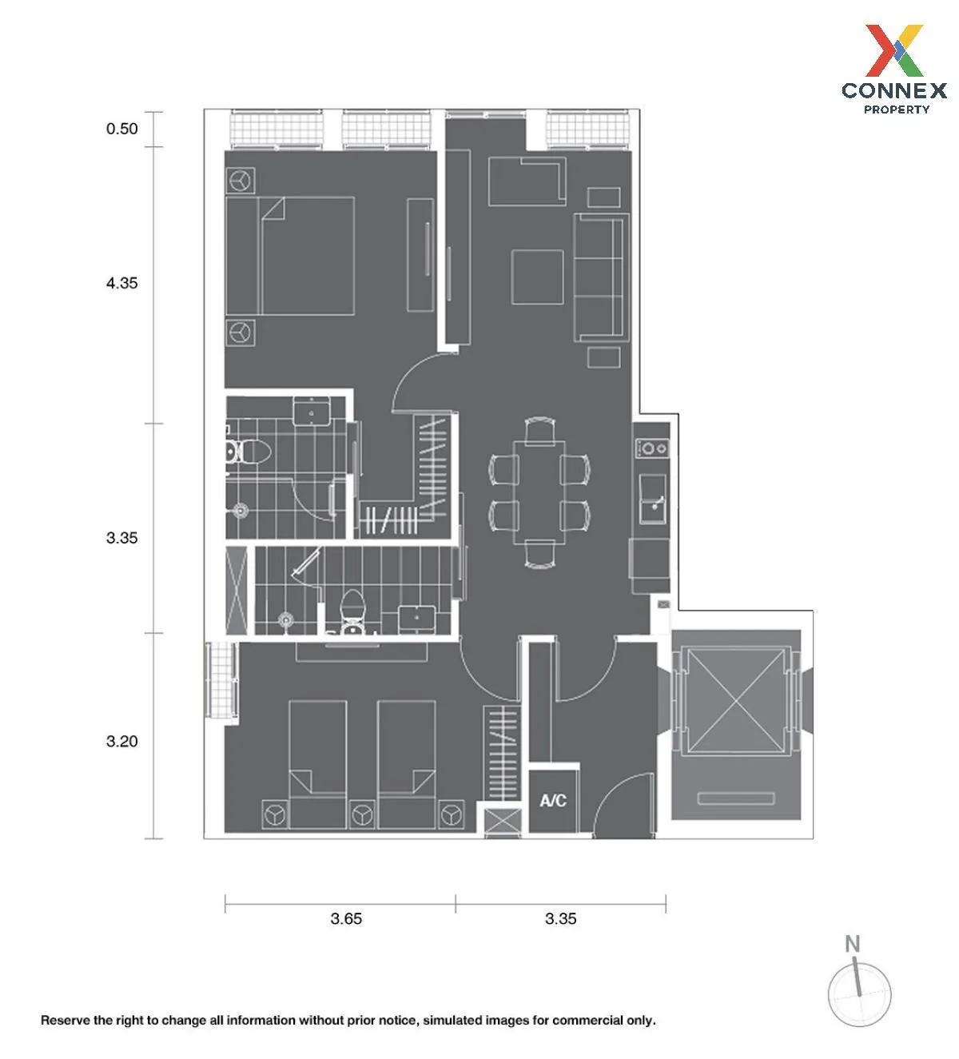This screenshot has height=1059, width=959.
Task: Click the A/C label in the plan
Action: tap(553, 801)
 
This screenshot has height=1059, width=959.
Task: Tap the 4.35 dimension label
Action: tap(122, 283)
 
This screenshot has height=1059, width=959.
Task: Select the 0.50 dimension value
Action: tap(122, 129)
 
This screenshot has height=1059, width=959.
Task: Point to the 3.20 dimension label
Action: tap(122, 741)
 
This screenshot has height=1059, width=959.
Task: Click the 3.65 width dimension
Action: tap(346, 918)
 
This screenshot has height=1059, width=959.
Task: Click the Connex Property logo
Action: tap(894, 69)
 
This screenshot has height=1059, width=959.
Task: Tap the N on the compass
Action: tap(853, 945)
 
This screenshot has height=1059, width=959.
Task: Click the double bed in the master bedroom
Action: tap(290, 256)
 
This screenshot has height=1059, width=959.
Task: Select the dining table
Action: tap(539, 492)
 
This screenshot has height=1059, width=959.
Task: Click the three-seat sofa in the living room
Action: tap(601, 277)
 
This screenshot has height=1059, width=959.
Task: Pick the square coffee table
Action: tap(537, 277)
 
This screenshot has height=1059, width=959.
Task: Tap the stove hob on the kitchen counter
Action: tap(652, 448)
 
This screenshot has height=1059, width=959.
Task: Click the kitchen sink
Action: tap(653, 499)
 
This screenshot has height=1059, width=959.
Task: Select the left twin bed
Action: tap(318, 764)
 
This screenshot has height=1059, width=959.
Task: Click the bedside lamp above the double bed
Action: tap(241, 181)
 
